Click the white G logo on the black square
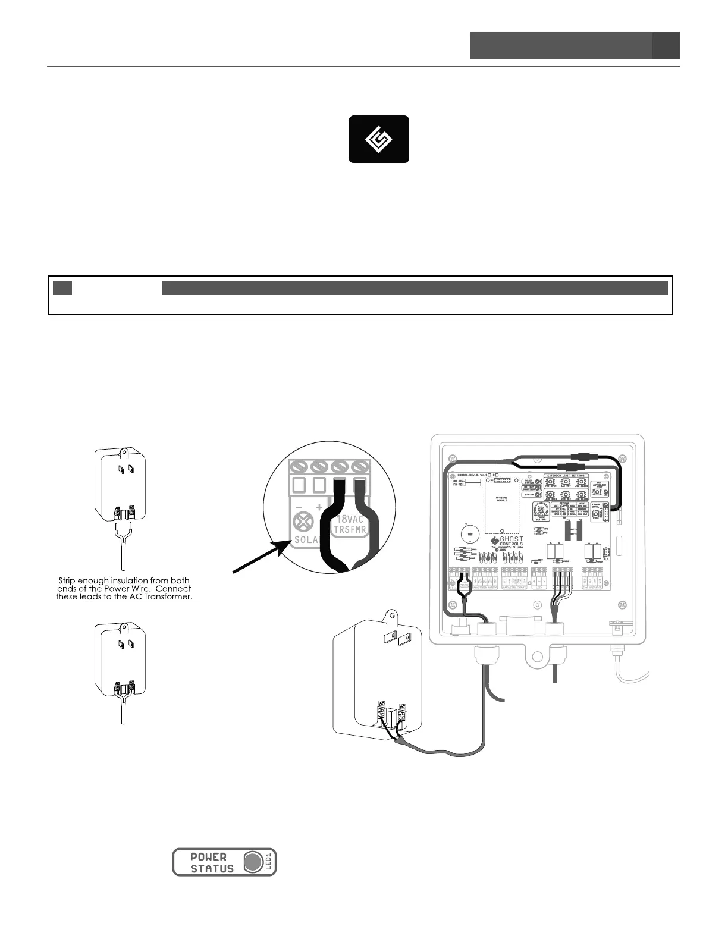pos(378,139)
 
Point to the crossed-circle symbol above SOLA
pos(304,523)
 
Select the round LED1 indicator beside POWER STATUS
pos(253,862)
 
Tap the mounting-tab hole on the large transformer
pos(391,614)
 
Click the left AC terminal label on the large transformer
pos(382,702)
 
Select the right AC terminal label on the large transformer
pos(403,707)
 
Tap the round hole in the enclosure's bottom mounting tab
pos(539,657)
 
